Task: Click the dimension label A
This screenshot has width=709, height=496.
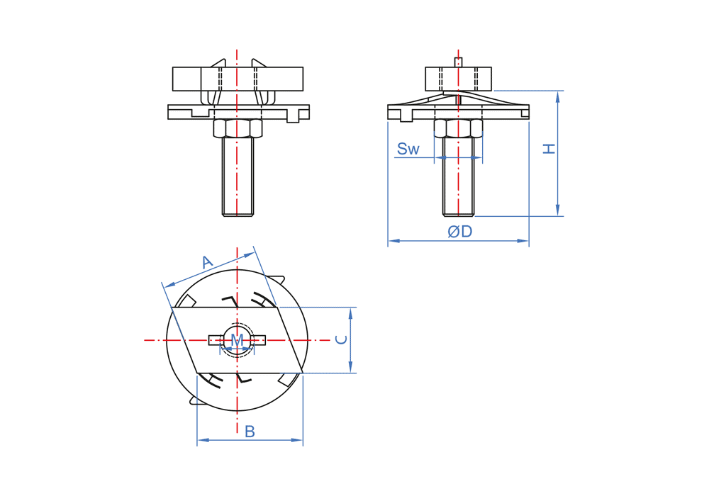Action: point(207,262)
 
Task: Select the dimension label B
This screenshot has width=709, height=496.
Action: point(250,432)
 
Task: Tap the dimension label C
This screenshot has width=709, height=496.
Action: point(342,339)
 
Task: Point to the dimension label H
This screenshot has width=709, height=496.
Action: point(549,149)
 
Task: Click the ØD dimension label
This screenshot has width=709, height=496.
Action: point(460,231)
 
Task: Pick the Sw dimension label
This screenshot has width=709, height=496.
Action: point(408,149)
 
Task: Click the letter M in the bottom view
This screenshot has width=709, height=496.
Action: point(237,339)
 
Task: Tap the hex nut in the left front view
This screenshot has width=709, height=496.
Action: point(238,128)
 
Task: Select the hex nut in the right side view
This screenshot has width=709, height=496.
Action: point(458,128)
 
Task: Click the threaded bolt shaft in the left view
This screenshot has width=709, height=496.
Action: point(238,176)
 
